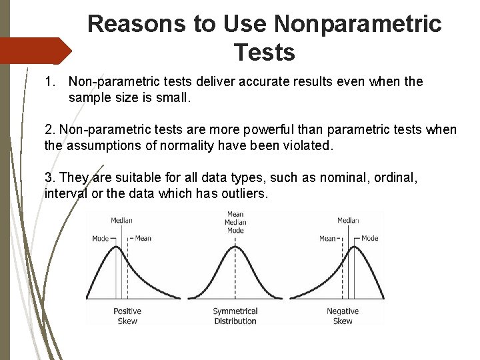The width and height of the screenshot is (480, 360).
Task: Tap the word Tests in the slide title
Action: pos(265,52)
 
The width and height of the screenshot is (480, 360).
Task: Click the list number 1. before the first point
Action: pos(51,82)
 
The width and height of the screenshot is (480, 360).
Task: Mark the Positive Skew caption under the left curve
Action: pos(127,316)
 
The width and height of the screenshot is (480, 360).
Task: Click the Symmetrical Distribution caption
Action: pos(235,316)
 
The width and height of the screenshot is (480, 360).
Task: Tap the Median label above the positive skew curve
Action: pos(121,221)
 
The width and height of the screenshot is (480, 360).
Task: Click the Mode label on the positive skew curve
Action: pos(101,238)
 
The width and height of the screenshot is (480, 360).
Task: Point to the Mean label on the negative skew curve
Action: pos(328,238)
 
